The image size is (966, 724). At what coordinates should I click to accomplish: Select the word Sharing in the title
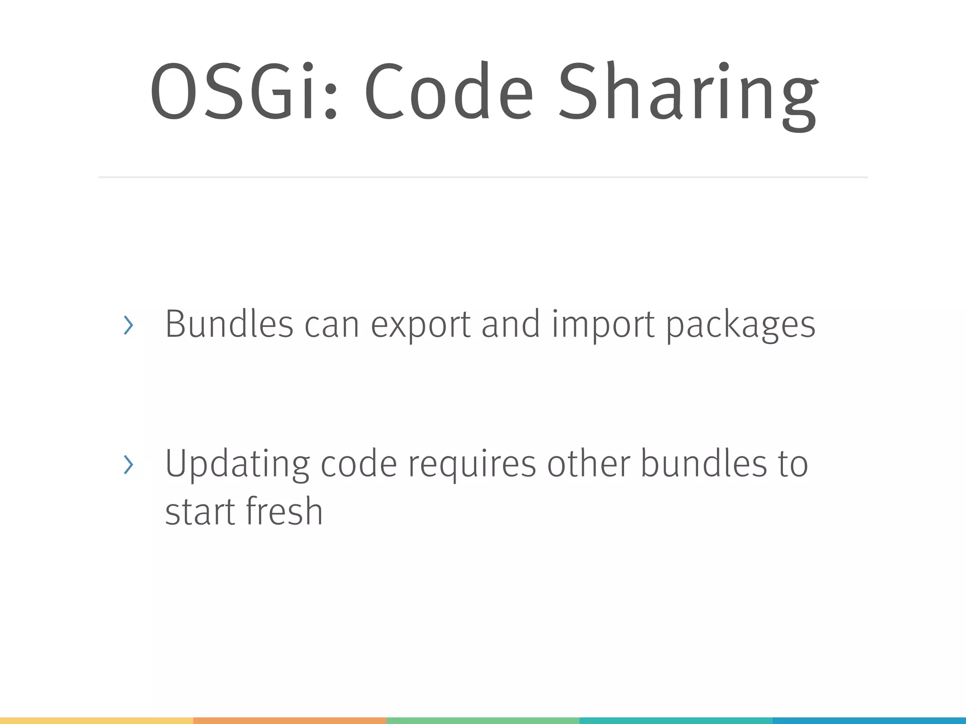pos(688,94)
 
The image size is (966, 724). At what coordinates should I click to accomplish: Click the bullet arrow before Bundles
pos(128,325)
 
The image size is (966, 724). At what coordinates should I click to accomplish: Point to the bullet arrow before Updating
pos(128,465)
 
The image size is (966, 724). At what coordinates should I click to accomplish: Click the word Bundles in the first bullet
pos(229,324)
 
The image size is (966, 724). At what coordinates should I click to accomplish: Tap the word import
pos(603,325)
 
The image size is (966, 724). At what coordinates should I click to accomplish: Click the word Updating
pos(237,465)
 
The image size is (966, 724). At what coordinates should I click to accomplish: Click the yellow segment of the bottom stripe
pos(96,721)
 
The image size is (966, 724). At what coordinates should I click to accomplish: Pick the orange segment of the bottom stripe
pos(290,721)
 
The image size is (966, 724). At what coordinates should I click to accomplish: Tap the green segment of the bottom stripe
pos(483,721)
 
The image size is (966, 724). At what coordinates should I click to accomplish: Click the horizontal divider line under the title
pos(483,177)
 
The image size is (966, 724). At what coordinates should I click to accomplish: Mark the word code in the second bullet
pos(359,464)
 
